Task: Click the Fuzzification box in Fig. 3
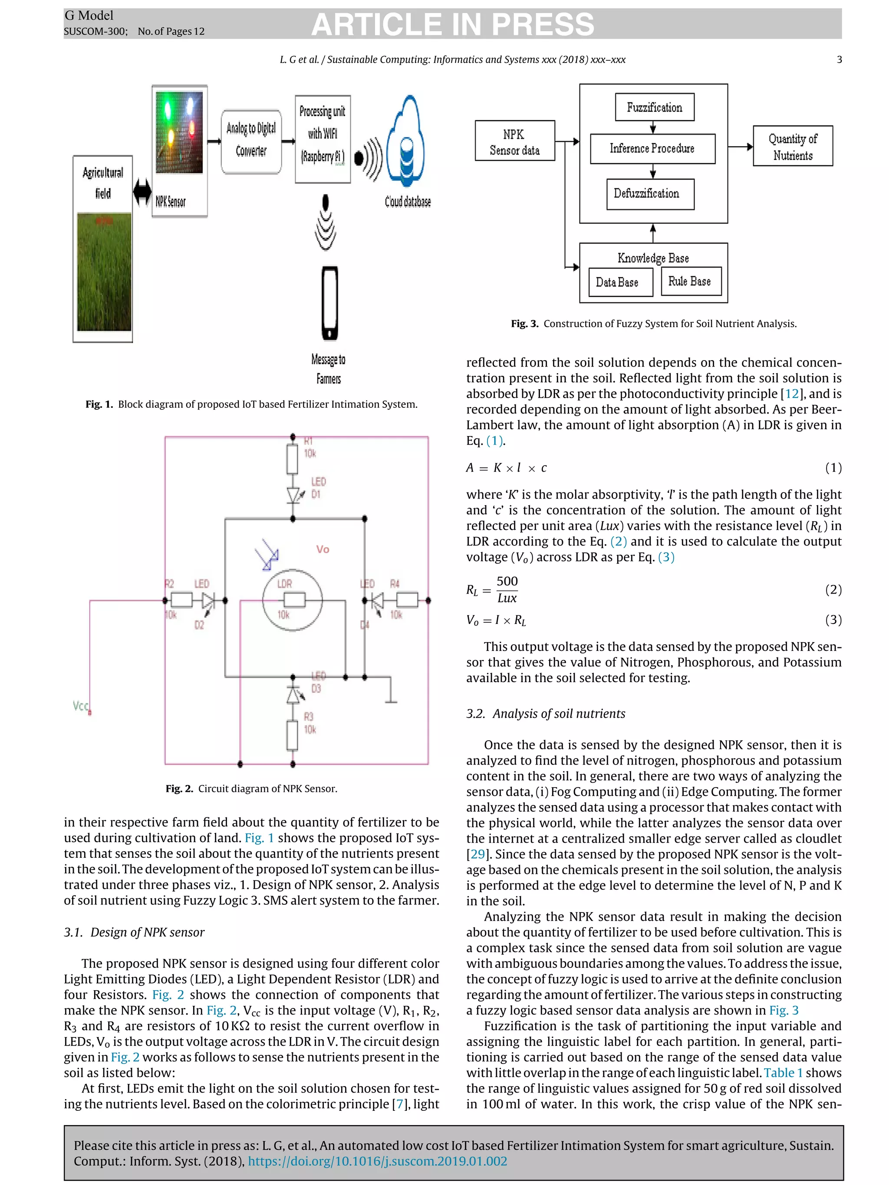(654, 107)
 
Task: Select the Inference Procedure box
(652, 148)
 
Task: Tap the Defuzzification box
(650, 194)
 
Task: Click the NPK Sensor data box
(514, 141)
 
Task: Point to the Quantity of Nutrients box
(792, 146)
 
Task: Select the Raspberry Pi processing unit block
(322, 139)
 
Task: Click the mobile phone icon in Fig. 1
(329, 303)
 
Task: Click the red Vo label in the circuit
(323, 549)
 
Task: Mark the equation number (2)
(833, 589)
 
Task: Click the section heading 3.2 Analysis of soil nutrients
(546, 714)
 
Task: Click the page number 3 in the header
(839, 59)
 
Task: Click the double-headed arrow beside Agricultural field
(142, 191)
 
